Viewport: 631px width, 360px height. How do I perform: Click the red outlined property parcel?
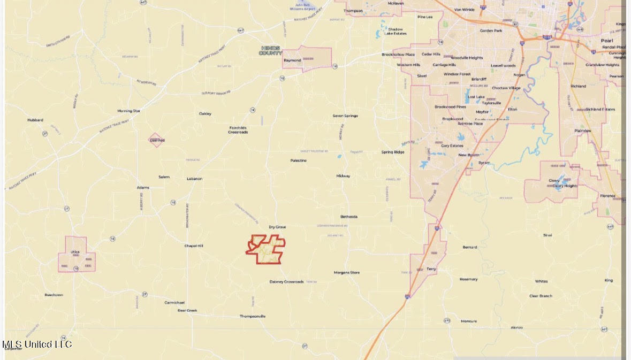point(266,249)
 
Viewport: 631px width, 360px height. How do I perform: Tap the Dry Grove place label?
point(277,227)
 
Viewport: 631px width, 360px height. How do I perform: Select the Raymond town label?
point(292,60)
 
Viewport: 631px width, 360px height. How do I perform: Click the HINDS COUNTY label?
point(270,51)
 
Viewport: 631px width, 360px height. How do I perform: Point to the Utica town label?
point(75,251)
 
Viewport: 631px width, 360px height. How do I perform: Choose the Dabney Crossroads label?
point(286,282)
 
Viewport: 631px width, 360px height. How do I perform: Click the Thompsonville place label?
point(252,316)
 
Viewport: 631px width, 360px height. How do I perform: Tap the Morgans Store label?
point(347,273)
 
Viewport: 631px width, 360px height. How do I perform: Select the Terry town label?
point(431,269)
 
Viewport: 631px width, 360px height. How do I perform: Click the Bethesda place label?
point(348,217)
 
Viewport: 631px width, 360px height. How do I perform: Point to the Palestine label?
point(298,160)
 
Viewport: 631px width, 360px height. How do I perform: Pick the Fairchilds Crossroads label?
point(238,130)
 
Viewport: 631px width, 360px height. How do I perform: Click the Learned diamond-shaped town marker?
point(156,140)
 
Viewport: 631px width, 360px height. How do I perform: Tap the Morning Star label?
point(128,111)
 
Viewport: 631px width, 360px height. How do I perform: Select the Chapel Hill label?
point(194,246)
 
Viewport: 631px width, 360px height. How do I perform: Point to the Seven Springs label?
point(345,116)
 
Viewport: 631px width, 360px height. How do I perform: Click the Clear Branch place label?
point(541,296)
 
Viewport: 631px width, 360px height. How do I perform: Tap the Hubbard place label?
point(35,120)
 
